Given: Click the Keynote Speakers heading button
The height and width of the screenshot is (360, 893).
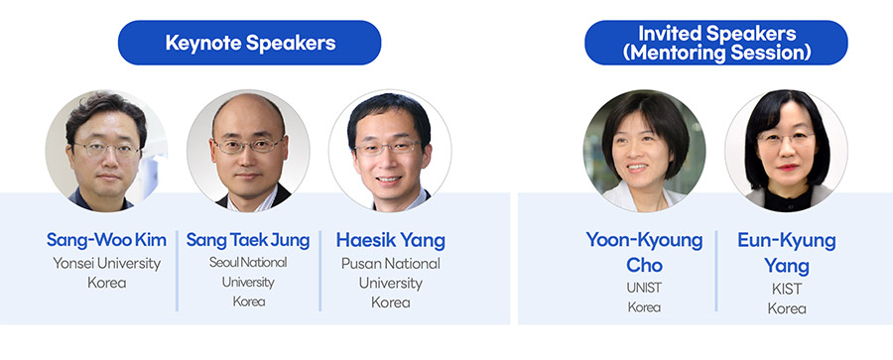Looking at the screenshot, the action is click(x=249, y=43).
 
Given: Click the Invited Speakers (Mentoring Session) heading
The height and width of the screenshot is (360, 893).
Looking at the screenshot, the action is click(x=715, y=43).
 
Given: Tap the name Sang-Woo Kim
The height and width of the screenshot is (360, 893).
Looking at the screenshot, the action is click(x=106, y=240).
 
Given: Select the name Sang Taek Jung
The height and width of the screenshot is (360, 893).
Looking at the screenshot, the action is click(x=248, y=240).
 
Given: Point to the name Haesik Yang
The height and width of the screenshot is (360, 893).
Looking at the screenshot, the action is click(x=391, y=240).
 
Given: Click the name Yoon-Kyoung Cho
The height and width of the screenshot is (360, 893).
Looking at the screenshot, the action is click(x=644, y=252).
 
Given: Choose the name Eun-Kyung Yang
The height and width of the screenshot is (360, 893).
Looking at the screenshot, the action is click(x=787, y=252).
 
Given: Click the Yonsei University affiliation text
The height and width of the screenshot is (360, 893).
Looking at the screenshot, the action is click(x=106, y=264).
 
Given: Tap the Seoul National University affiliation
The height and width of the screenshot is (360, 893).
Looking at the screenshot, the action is click(x=248, y=272).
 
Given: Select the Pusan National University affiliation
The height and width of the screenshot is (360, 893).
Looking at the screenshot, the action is click(x=391, y=274).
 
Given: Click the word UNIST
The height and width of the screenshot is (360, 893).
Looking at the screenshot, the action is click(x=644, y=289).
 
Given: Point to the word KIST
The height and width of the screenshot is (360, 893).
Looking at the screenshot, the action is click(x=787, y=289).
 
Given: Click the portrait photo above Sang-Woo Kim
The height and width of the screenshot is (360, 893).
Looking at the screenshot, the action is click(x=106, y=151).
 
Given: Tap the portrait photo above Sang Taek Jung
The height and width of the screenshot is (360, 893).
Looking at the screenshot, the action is click(x=248, y=151).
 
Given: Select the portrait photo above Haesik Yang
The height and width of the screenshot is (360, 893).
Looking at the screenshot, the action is click(x=390, y=151).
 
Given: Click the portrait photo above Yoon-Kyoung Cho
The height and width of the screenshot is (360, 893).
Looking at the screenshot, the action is click(x=644, y=151).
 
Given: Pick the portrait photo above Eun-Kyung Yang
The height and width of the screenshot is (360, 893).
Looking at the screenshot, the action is click(x=786, y=151).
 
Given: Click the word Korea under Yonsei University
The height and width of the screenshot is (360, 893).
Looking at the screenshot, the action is click(x=106, y=283).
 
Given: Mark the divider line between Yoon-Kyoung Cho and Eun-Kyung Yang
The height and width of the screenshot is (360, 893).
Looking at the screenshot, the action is click(x=715, y=271).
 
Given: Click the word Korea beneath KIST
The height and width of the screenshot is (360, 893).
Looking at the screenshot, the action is click(x=787, y=308).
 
